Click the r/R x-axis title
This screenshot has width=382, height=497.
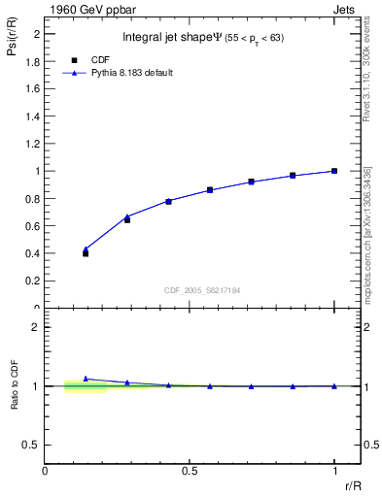[354, 484]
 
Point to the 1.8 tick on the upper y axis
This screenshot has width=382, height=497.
[34, 61]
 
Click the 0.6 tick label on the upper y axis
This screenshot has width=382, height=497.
[34, 226]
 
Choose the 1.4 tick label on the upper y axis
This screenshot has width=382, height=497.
[34, 116]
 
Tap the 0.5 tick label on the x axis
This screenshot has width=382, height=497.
[189, 470]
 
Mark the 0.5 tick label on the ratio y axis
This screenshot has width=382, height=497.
[34, 445]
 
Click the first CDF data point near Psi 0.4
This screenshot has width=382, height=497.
[86, 253]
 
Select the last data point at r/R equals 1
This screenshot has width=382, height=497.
[334, 171]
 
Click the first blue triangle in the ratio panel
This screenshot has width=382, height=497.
[86, 379]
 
